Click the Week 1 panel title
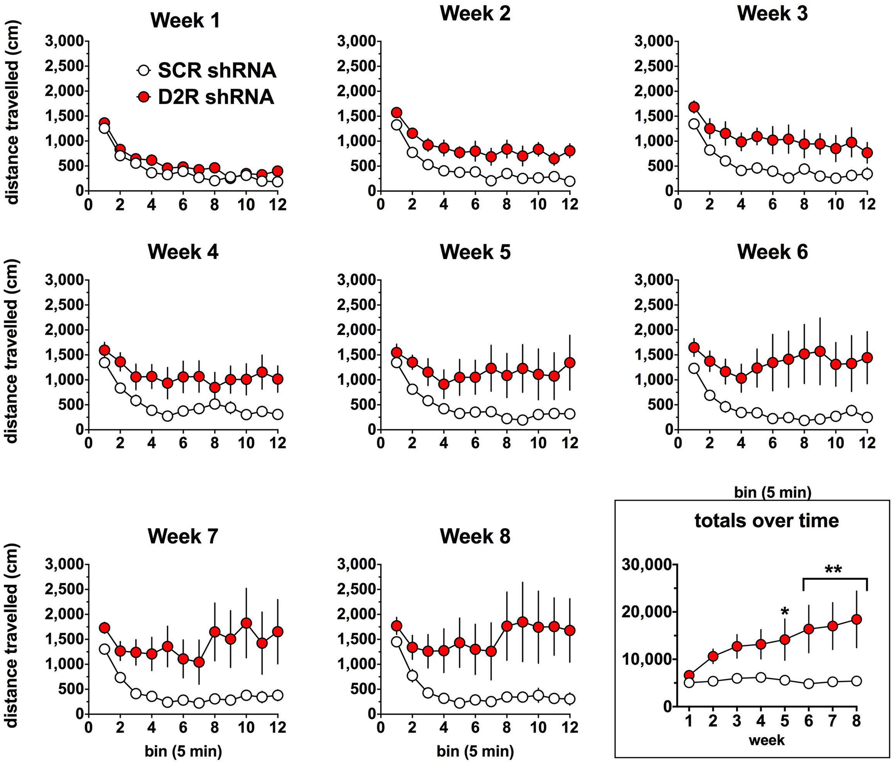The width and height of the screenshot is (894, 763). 185,20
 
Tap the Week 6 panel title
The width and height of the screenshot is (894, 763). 772,252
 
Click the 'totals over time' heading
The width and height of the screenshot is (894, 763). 766,520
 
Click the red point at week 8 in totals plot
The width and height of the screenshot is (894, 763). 857,619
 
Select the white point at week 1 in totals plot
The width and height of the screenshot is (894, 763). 689,682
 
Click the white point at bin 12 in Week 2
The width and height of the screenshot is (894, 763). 570,181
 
